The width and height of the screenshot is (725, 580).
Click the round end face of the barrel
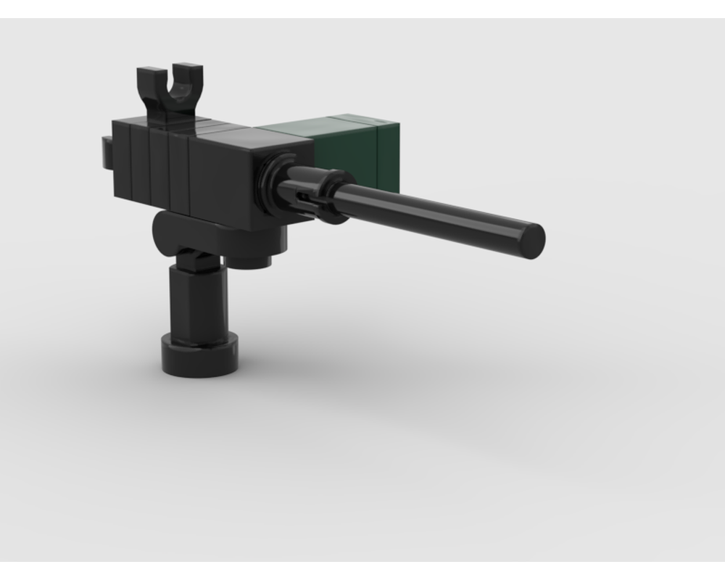tap(533, 240)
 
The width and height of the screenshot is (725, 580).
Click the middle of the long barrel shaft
tap(435, 213)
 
